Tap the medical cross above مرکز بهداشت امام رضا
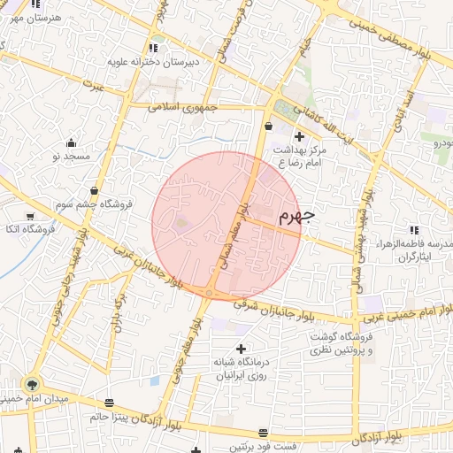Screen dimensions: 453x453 coord(299,137)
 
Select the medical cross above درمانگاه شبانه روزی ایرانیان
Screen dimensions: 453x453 coord(241,349)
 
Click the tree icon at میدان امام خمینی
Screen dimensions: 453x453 coord(32,384)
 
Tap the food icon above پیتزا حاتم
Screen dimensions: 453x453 coord(109,401)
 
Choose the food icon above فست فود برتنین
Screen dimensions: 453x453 coord(263,433)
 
